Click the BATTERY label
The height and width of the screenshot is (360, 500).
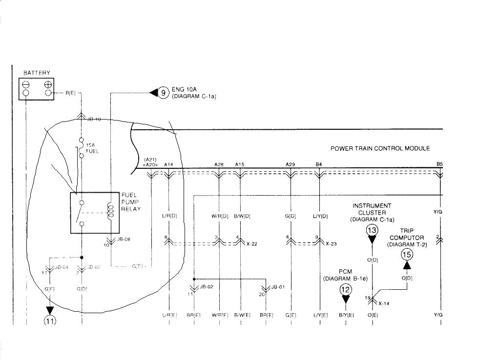click(37, 73)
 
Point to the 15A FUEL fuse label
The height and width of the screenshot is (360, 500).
click(92, 148)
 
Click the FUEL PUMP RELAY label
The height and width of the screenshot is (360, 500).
click(131, 202)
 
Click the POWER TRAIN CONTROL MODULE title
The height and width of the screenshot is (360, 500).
click(380, 148)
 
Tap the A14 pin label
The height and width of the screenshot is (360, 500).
click(168, 165)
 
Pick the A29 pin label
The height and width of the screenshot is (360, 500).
click(290, 165)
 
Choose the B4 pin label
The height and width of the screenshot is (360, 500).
click(318, 165)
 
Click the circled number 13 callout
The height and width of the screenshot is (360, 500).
click(372, 230)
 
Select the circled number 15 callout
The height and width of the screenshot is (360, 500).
click(407, 254)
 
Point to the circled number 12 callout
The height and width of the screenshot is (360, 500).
click(346, 289)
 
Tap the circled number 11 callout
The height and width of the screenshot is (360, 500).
click(50, 320)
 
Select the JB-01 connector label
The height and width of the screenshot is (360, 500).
click(278, 287)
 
